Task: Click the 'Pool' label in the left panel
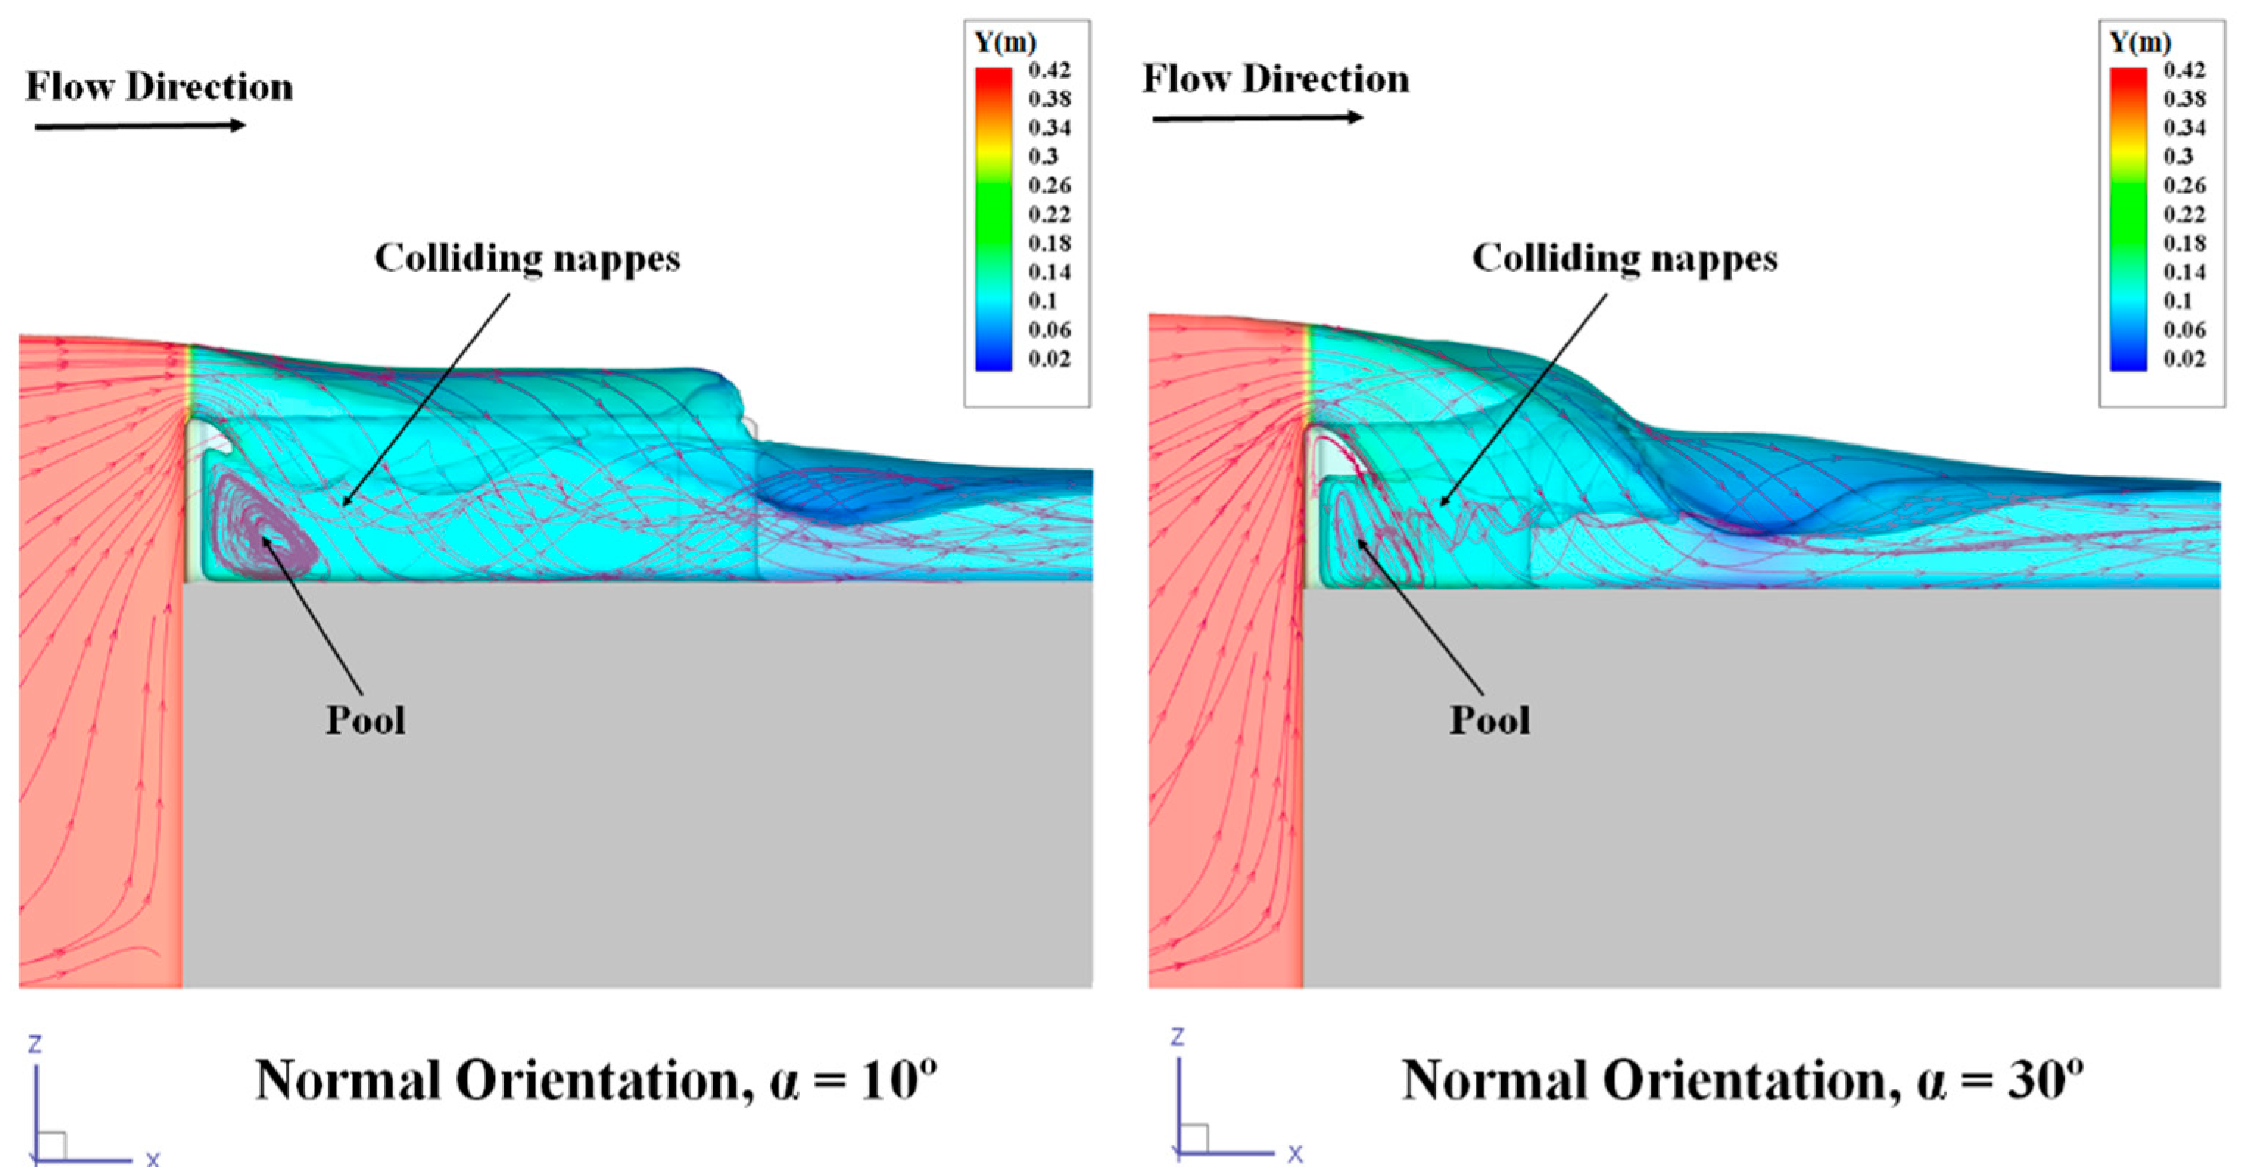coord(365,721)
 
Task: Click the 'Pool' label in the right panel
coord(1490,721)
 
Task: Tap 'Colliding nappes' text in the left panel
coord(526,258)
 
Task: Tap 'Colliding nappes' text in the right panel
coord(1624,258)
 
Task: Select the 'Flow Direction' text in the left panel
coord(159,87)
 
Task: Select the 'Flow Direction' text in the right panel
coord(1275,79)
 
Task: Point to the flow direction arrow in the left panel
coord(140,126)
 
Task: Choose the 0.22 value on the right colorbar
coord(2184,214)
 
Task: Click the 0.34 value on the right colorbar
coord(2184,128)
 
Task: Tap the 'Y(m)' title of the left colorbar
coord(1005,42)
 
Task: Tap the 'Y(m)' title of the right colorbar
coord(2140,42)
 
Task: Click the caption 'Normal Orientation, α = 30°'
coord(1741,1081)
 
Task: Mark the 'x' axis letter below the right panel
coord(1295,1154)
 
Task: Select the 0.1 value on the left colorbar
coord(1043,301)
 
